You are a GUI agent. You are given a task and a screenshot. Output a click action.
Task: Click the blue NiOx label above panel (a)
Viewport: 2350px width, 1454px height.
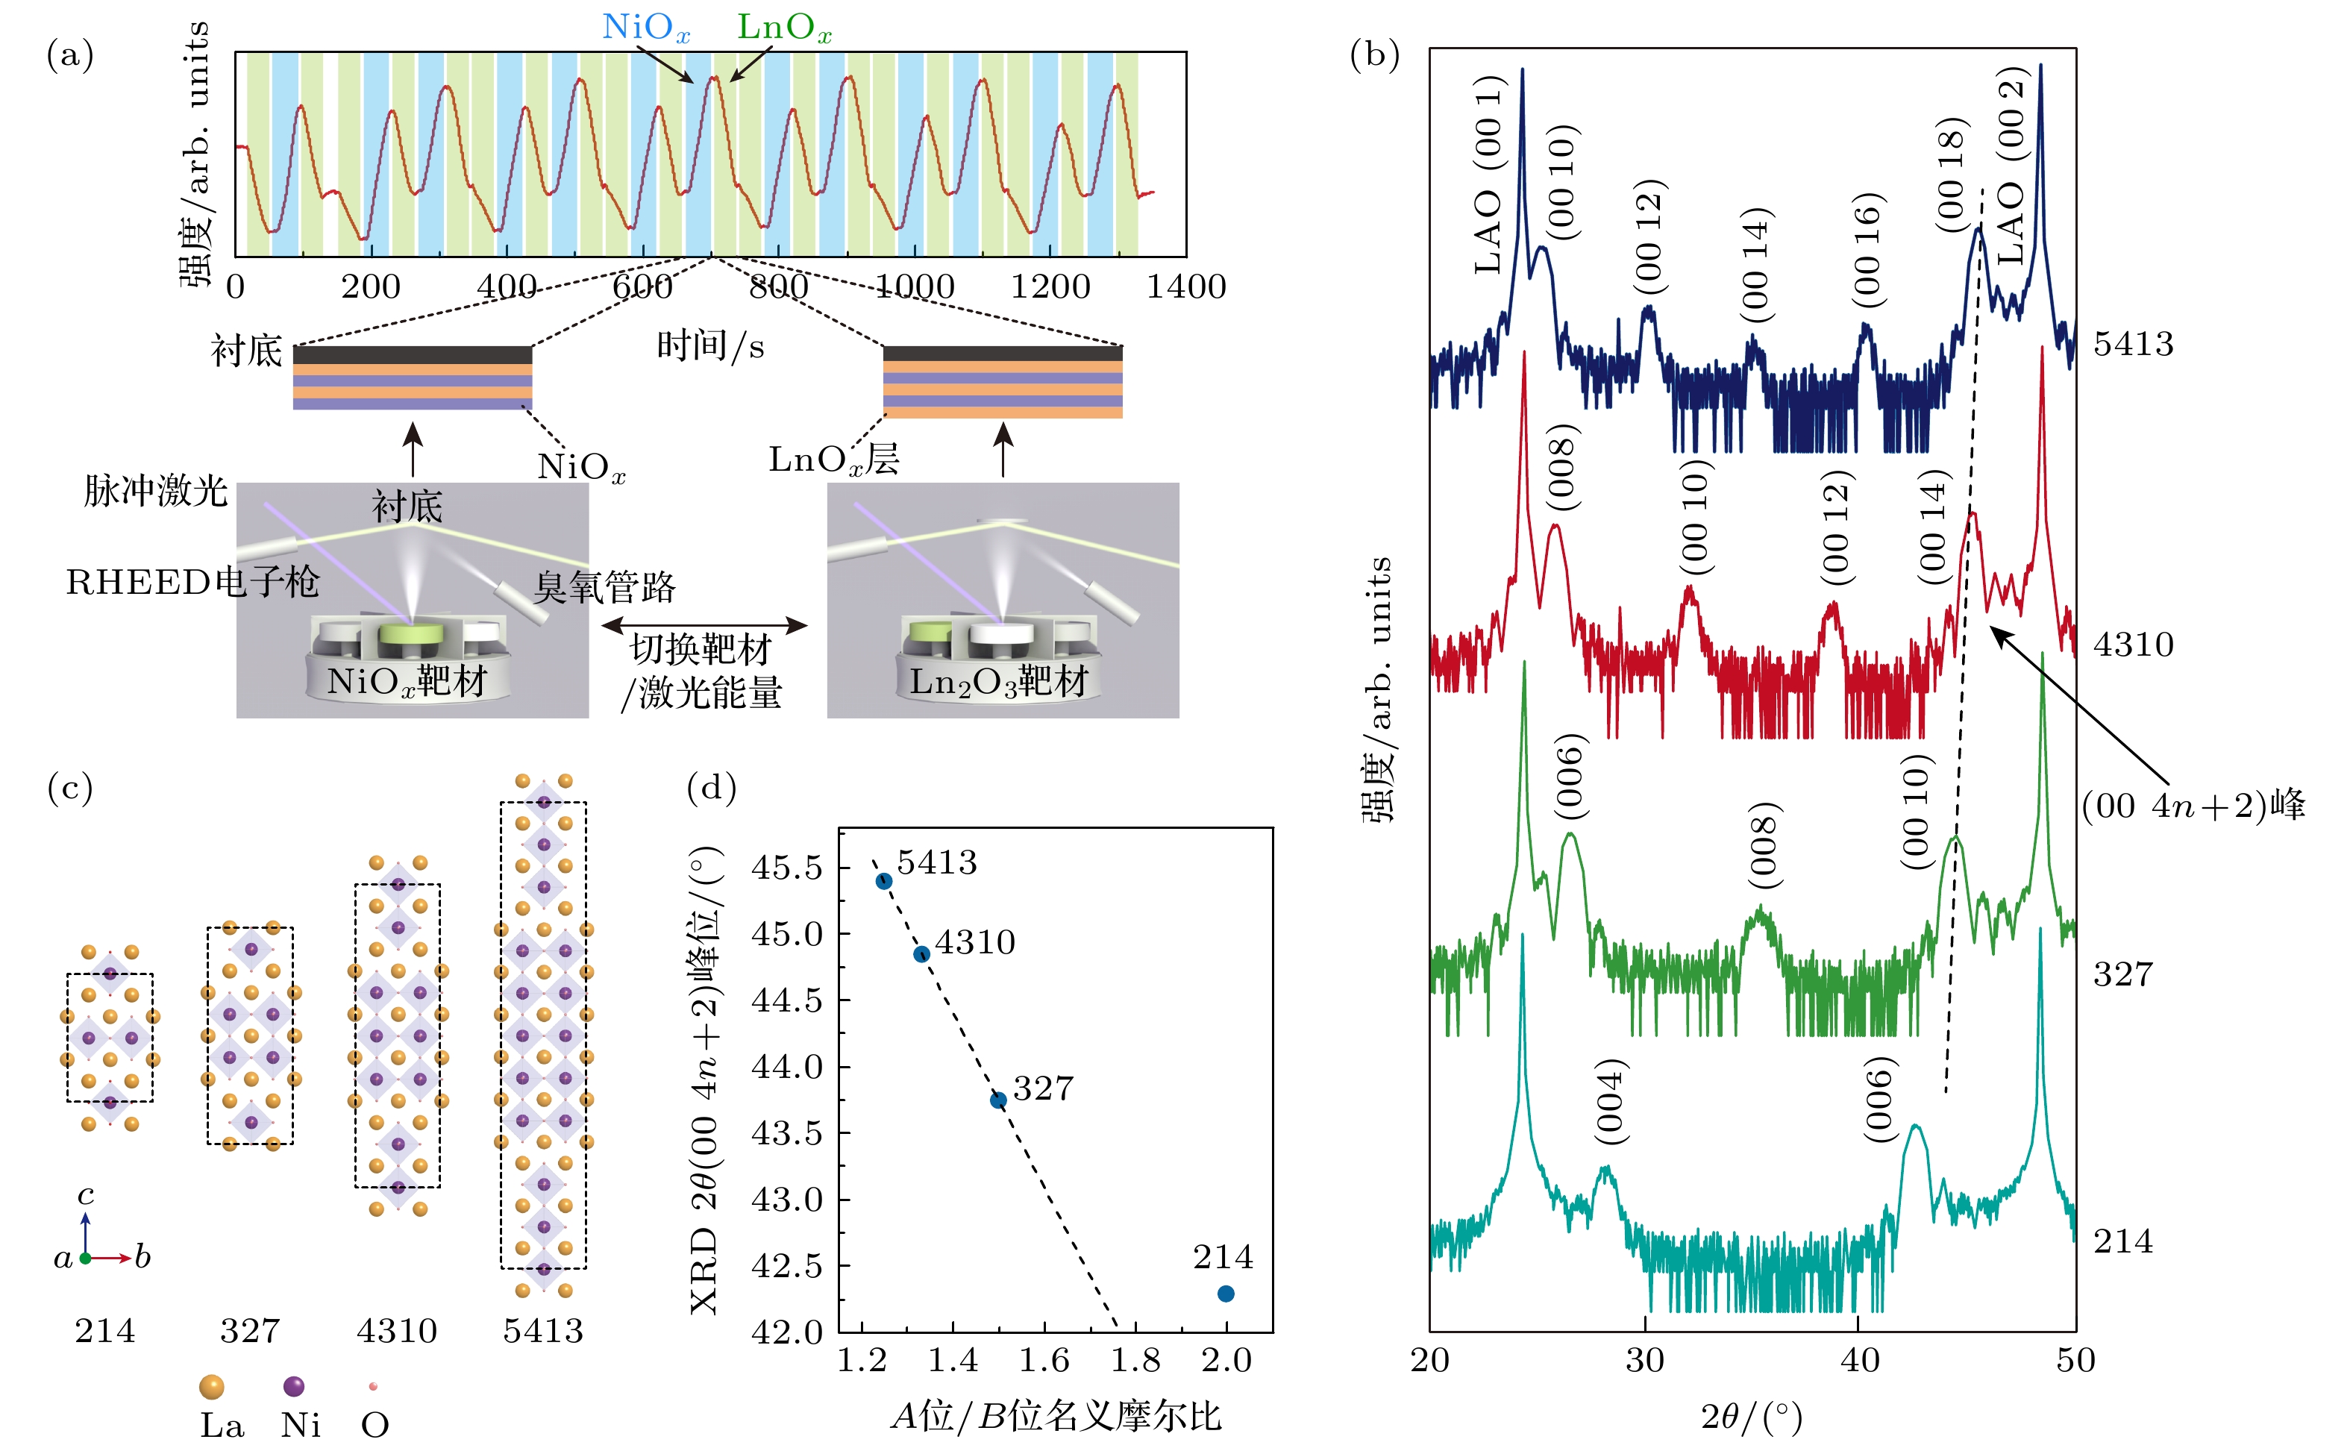(645, 27)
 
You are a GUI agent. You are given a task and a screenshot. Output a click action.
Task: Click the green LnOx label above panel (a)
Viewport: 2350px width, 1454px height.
(783, 27)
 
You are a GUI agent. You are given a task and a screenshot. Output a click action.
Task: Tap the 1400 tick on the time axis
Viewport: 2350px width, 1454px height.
(1185, 286)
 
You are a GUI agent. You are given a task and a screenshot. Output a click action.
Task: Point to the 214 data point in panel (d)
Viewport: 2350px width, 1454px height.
(1225, 1294)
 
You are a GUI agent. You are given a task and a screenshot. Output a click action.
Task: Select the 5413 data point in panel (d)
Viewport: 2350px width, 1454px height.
(883, 881)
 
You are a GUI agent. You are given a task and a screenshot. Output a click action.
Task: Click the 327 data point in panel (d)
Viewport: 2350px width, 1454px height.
(998, 1099)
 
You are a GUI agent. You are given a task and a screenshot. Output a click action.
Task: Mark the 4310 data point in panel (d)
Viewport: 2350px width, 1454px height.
(921, 954)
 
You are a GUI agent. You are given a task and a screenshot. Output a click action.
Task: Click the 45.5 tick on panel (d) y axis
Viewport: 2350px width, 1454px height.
(786, 868)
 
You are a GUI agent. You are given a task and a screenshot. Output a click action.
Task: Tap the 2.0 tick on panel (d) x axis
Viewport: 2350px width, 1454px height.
(1225, 1360)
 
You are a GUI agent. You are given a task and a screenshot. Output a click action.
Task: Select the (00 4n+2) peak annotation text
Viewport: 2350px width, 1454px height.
(2193, 805)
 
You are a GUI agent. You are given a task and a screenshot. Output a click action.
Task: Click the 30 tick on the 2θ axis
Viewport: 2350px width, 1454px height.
(1644, 1360)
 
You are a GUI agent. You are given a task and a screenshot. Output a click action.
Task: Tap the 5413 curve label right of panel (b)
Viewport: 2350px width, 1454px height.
(2133, 343)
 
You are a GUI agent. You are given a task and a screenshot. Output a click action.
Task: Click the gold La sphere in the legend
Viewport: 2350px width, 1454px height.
(212, 1385)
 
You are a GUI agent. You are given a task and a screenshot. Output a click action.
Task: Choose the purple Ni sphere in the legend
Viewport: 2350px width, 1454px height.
(294, 1385)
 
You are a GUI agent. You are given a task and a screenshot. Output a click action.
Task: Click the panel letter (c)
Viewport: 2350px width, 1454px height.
(70, 789)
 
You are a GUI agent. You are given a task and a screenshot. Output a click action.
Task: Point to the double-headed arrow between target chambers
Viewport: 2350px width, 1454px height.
(704, 625)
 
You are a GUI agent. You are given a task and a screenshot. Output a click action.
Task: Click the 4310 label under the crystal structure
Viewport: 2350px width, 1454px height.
(396, 1331)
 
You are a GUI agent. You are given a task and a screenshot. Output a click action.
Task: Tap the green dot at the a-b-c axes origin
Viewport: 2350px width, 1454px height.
(86, 1258)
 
